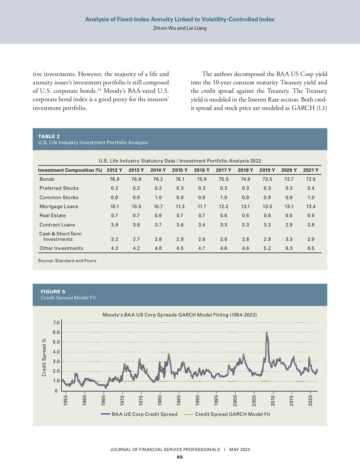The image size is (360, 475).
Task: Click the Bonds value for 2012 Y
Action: tap(114, 179)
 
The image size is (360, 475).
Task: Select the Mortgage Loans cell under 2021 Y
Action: tap(311, 207)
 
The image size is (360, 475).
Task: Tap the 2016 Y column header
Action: tap(202, 170)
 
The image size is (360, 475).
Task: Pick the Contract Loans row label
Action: tap(57, 225)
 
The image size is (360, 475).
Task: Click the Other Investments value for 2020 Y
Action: tap(289, 248)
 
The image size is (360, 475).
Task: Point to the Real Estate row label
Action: tap(52, 216)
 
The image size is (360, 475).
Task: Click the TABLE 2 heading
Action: tap(49, 136)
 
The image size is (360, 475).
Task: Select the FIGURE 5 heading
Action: tap(53, 292)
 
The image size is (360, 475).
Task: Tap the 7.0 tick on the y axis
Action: tap(56, 323)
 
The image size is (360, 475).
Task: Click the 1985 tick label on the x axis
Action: tap(179, 401)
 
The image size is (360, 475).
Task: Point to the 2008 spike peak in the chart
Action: tap(267, 333)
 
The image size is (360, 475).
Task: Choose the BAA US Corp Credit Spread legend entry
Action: tap(145, 414)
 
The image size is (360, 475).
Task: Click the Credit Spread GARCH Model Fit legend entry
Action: tap(232, 414)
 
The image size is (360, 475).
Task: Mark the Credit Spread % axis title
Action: tap(44, 357)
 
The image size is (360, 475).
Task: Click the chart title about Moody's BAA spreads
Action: tap(179, 315)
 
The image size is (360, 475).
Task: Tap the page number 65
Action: tap(180, 457)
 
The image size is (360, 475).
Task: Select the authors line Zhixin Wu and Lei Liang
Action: tap(180, 28)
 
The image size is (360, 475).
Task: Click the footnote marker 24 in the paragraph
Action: tap(99, 89)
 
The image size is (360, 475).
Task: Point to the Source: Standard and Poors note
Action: tap(67, 261)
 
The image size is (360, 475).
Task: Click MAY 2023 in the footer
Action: tap(239, 449)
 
